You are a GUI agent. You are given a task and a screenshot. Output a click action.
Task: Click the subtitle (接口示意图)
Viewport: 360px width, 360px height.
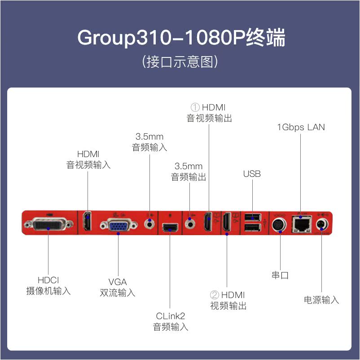click(180, 61)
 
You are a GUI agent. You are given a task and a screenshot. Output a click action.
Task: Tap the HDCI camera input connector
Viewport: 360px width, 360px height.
click(49, 223)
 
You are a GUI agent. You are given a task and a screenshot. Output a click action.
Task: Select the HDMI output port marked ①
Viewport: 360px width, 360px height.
click(208, 222)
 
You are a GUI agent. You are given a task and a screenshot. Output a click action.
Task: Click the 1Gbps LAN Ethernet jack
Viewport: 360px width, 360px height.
click(300, 224)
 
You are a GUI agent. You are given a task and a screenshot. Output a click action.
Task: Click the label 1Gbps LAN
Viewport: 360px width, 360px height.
click(301, 127)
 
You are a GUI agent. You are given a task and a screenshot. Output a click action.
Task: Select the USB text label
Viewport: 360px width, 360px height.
click(252, 174)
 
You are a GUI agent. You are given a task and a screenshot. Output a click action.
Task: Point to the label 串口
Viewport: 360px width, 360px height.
click(280, 275)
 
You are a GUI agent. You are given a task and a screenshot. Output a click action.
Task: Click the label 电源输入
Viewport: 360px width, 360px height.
click(321, 299)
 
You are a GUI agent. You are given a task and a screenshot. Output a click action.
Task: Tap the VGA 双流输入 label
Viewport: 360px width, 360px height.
click(118, 287)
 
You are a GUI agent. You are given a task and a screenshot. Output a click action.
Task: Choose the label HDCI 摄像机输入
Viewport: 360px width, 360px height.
click(48, 285)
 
